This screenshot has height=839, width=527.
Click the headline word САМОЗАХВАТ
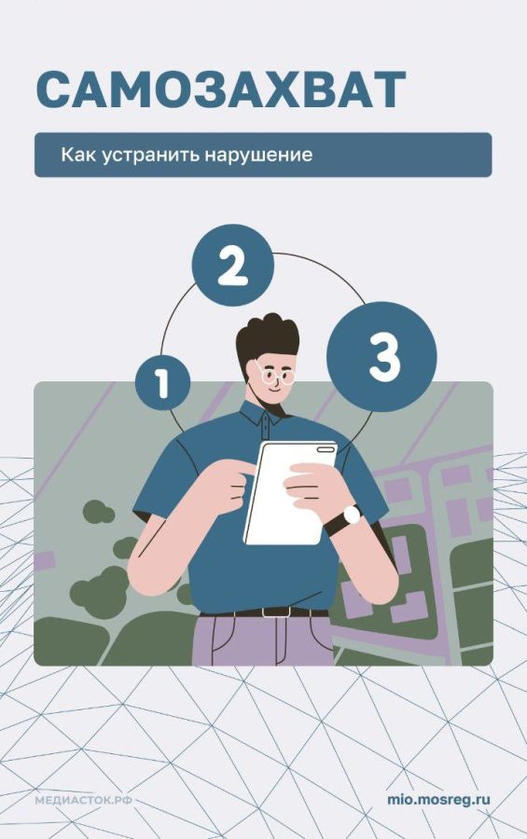tap(220, 89)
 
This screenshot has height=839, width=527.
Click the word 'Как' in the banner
tap(78, 154)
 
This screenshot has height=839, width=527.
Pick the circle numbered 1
tap(162, 382)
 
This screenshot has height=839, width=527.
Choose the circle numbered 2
tap(233, 265)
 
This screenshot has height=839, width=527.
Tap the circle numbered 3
tap(381, 356)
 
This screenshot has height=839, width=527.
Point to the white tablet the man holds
tap(289, 492)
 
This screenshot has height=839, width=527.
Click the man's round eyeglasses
tap(275, 374)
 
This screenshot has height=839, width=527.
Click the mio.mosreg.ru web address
tap(438, 800)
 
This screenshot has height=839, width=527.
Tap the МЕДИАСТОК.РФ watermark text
tap(84, 801)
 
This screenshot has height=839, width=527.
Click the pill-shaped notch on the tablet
tap(325, 449)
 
